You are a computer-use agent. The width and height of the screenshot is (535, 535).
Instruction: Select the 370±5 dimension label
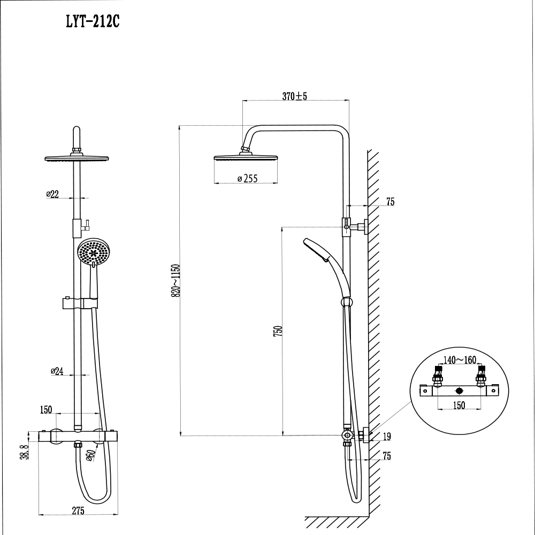[294, 96]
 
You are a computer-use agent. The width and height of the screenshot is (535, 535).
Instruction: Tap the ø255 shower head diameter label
[247, 179]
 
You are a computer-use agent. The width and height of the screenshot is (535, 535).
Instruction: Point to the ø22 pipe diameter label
[52, 194]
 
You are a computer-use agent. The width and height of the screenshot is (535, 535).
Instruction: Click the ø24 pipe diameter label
[57, 371]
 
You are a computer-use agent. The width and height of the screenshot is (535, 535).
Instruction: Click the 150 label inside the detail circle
[458, 405]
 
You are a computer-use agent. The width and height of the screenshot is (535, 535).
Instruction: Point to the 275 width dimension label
[78, 511]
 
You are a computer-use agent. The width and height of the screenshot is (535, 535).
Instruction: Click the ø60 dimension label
[90, 455]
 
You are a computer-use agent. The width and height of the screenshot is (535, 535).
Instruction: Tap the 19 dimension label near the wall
[387, 437]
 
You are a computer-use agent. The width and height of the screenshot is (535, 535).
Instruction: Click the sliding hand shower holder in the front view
[80, 303]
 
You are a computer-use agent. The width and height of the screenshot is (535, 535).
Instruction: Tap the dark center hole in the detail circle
[458, 392]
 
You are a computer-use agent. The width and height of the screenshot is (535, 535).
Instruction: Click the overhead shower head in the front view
[78, 159]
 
